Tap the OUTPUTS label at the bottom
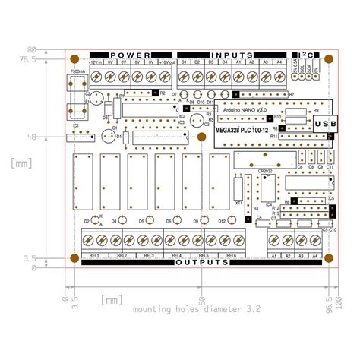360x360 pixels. [201, 263]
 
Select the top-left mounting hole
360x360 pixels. [74, 55]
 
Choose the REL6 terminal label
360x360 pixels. [230, 255]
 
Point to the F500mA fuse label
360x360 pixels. [77, 72]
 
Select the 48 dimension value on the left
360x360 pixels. [52, 137]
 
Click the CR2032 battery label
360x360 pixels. [265, 171]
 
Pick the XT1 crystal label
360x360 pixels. [238, 204]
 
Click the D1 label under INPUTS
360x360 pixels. [183, 62]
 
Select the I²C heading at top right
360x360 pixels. [308, 55]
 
